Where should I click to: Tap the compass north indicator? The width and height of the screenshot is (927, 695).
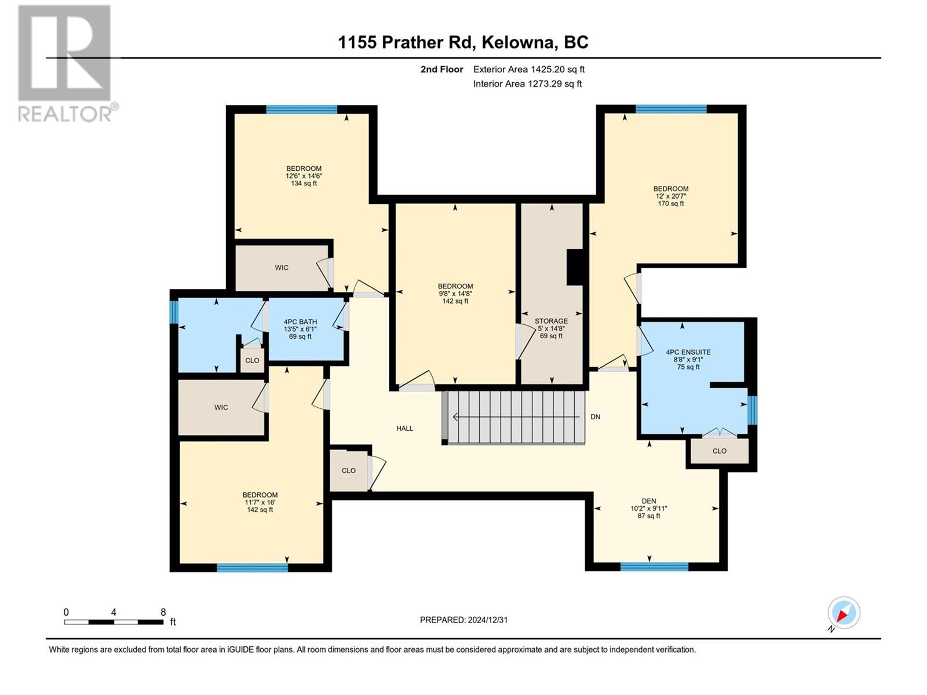[x=844, y=613]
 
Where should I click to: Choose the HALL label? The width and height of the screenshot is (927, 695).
[x=404, y=429]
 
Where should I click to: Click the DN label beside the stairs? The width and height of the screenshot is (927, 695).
[x=595, y=417]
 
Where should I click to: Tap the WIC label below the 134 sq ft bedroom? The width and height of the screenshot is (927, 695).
[x=282, y=268]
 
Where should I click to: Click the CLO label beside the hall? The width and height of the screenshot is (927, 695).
[x=348, y=470]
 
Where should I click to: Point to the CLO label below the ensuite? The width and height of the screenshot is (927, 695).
[x=720, y=451]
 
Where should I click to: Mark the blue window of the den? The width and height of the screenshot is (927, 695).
[x=654, y=567]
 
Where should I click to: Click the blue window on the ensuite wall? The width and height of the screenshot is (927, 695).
[x=752, y=409]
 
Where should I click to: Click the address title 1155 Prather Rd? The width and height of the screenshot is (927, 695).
[x=404, y=42]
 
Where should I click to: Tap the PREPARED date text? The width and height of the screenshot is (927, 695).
[x=463, y=620]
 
